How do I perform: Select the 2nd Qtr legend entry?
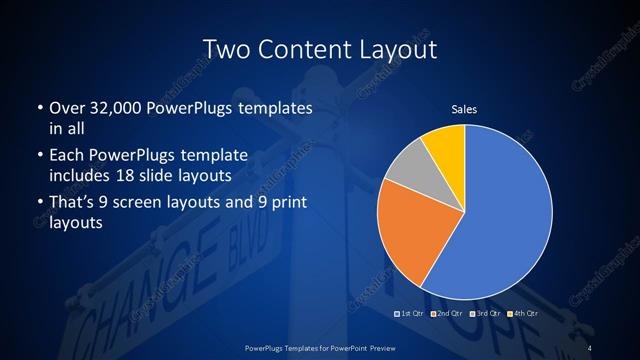(448, 316)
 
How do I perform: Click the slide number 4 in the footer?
(590, 347)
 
